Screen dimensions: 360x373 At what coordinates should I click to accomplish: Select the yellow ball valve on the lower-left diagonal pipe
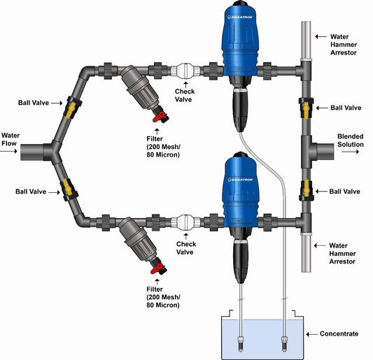[70, 186]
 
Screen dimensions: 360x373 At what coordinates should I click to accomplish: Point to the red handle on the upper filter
[160, 115]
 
